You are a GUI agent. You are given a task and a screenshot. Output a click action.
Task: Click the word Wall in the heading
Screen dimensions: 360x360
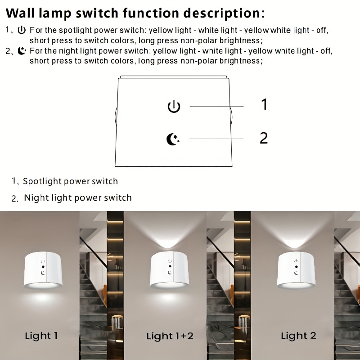(20, 13)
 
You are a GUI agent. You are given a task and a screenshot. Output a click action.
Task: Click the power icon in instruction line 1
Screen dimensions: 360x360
(22, 30)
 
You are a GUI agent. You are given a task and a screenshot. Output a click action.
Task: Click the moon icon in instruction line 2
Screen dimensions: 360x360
(22, 51)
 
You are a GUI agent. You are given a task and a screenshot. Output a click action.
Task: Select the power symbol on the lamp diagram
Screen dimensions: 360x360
(174, 107)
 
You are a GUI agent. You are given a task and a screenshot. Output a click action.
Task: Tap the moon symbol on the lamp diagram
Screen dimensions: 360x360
(173, 139)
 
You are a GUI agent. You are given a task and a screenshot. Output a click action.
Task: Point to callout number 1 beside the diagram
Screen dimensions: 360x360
(265, 104)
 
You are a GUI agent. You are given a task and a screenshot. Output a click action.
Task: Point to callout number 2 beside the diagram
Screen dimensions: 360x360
(264, 138)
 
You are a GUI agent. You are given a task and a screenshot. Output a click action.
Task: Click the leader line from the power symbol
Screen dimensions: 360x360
(216, 107)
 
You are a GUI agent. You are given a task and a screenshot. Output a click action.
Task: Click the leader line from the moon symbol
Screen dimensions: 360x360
(216, 139)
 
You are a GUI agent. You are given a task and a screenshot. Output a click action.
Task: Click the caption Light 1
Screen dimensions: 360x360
(41, 335)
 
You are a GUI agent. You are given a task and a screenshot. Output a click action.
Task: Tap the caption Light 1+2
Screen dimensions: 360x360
(170, 336)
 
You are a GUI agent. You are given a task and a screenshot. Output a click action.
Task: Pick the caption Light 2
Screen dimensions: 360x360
(298, 336)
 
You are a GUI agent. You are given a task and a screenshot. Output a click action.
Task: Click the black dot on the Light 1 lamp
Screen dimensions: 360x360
(43, 267)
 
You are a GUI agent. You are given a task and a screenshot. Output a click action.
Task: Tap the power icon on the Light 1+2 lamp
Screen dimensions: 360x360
(170, 261)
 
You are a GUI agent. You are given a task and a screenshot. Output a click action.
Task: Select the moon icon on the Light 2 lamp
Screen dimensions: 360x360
(297, 273)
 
